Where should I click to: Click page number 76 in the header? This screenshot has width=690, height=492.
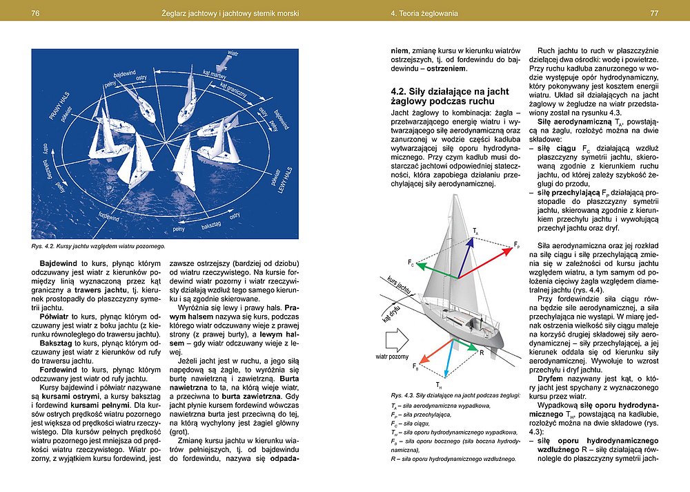(x=35, y=13)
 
